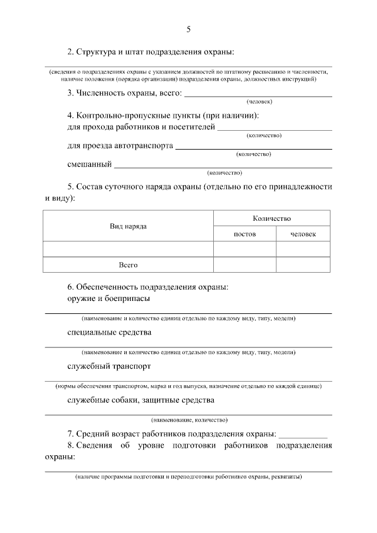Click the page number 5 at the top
pyautogui.click(x=188, y=29)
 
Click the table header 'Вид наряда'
pyautogui.click(x=128, y=226)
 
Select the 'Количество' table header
pyautogui.click(x=272, y=219)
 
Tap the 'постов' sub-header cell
pyautogui.click(x=244, y=234)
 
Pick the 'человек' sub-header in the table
pyautogui.click(x=303, y=234)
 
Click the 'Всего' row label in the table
pyautogui.click(x=128, y=265)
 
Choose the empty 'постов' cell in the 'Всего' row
pyautogui.click(x=244, y=265)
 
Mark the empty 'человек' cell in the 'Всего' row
pyautogui.click(x=303, y=265)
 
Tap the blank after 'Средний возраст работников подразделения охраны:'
pyautogui.click(x=302, y=435)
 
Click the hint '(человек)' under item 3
pyautogui.click(x=259, y=102)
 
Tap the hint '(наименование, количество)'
pyautogui.click(x=188, y=421)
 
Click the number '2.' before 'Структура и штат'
pyautogui.click(x=71, y=52)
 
